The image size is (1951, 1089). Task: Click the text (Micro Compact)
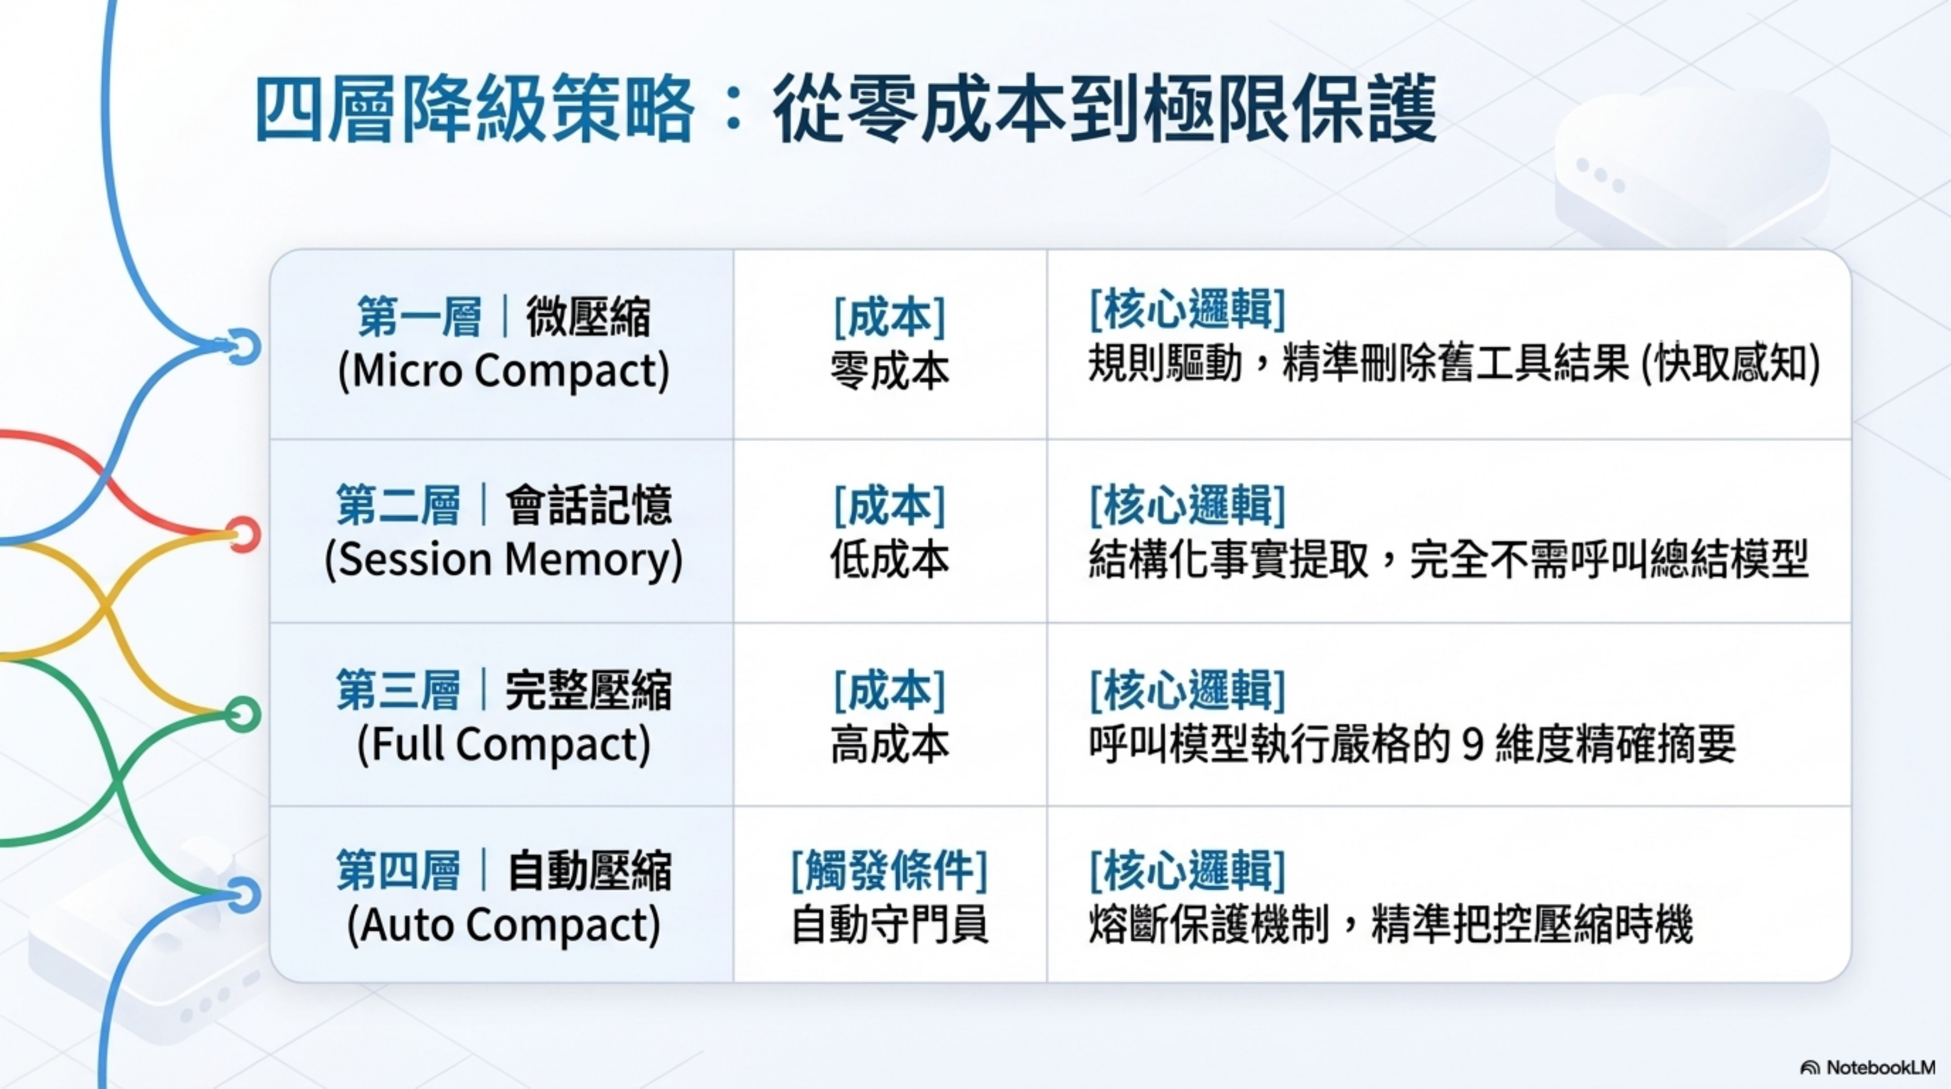504,370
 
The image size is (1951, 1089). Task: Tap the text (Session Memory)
504,560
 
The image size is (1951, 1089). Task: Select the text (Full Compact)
504,745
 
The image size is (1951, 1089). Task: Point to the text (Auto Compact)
504,925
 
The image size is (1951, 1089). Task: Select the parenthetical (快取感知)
1730,365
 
